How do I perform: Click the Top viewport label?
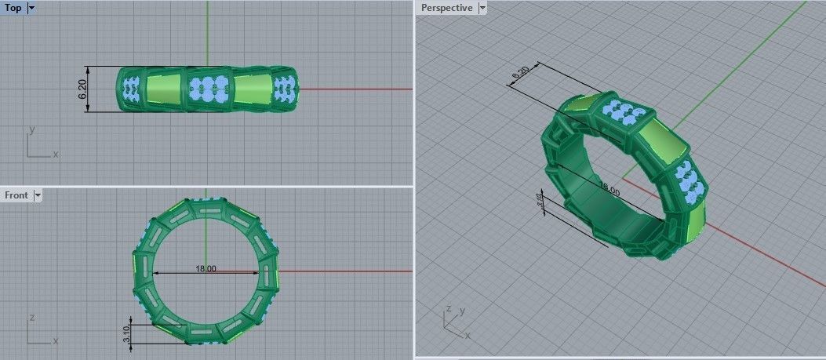[x=13, y=7]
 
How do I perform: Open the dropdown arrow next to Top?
[x=31, y=7]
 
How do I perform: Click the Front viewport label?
[x=16, y=195]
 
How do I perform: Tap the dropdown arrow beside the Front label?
[x=37, y=195]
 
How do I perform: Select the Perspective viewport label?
[x=447, y=7]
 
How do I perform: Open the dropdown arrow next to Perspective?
[x=482, y=7]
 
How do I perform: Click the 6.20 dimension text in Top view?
[x=82, y=89]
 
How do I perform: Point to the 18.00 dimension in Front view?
[x=206, y=269]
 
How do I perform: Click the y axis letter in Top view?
[x=31, y=128]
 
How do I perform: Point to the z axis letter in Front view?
[x=31, y=317]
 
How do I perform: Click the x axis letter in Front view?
[x=56, y=341]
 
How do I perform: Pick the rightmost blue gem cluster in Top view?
[x=286, y=88]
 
